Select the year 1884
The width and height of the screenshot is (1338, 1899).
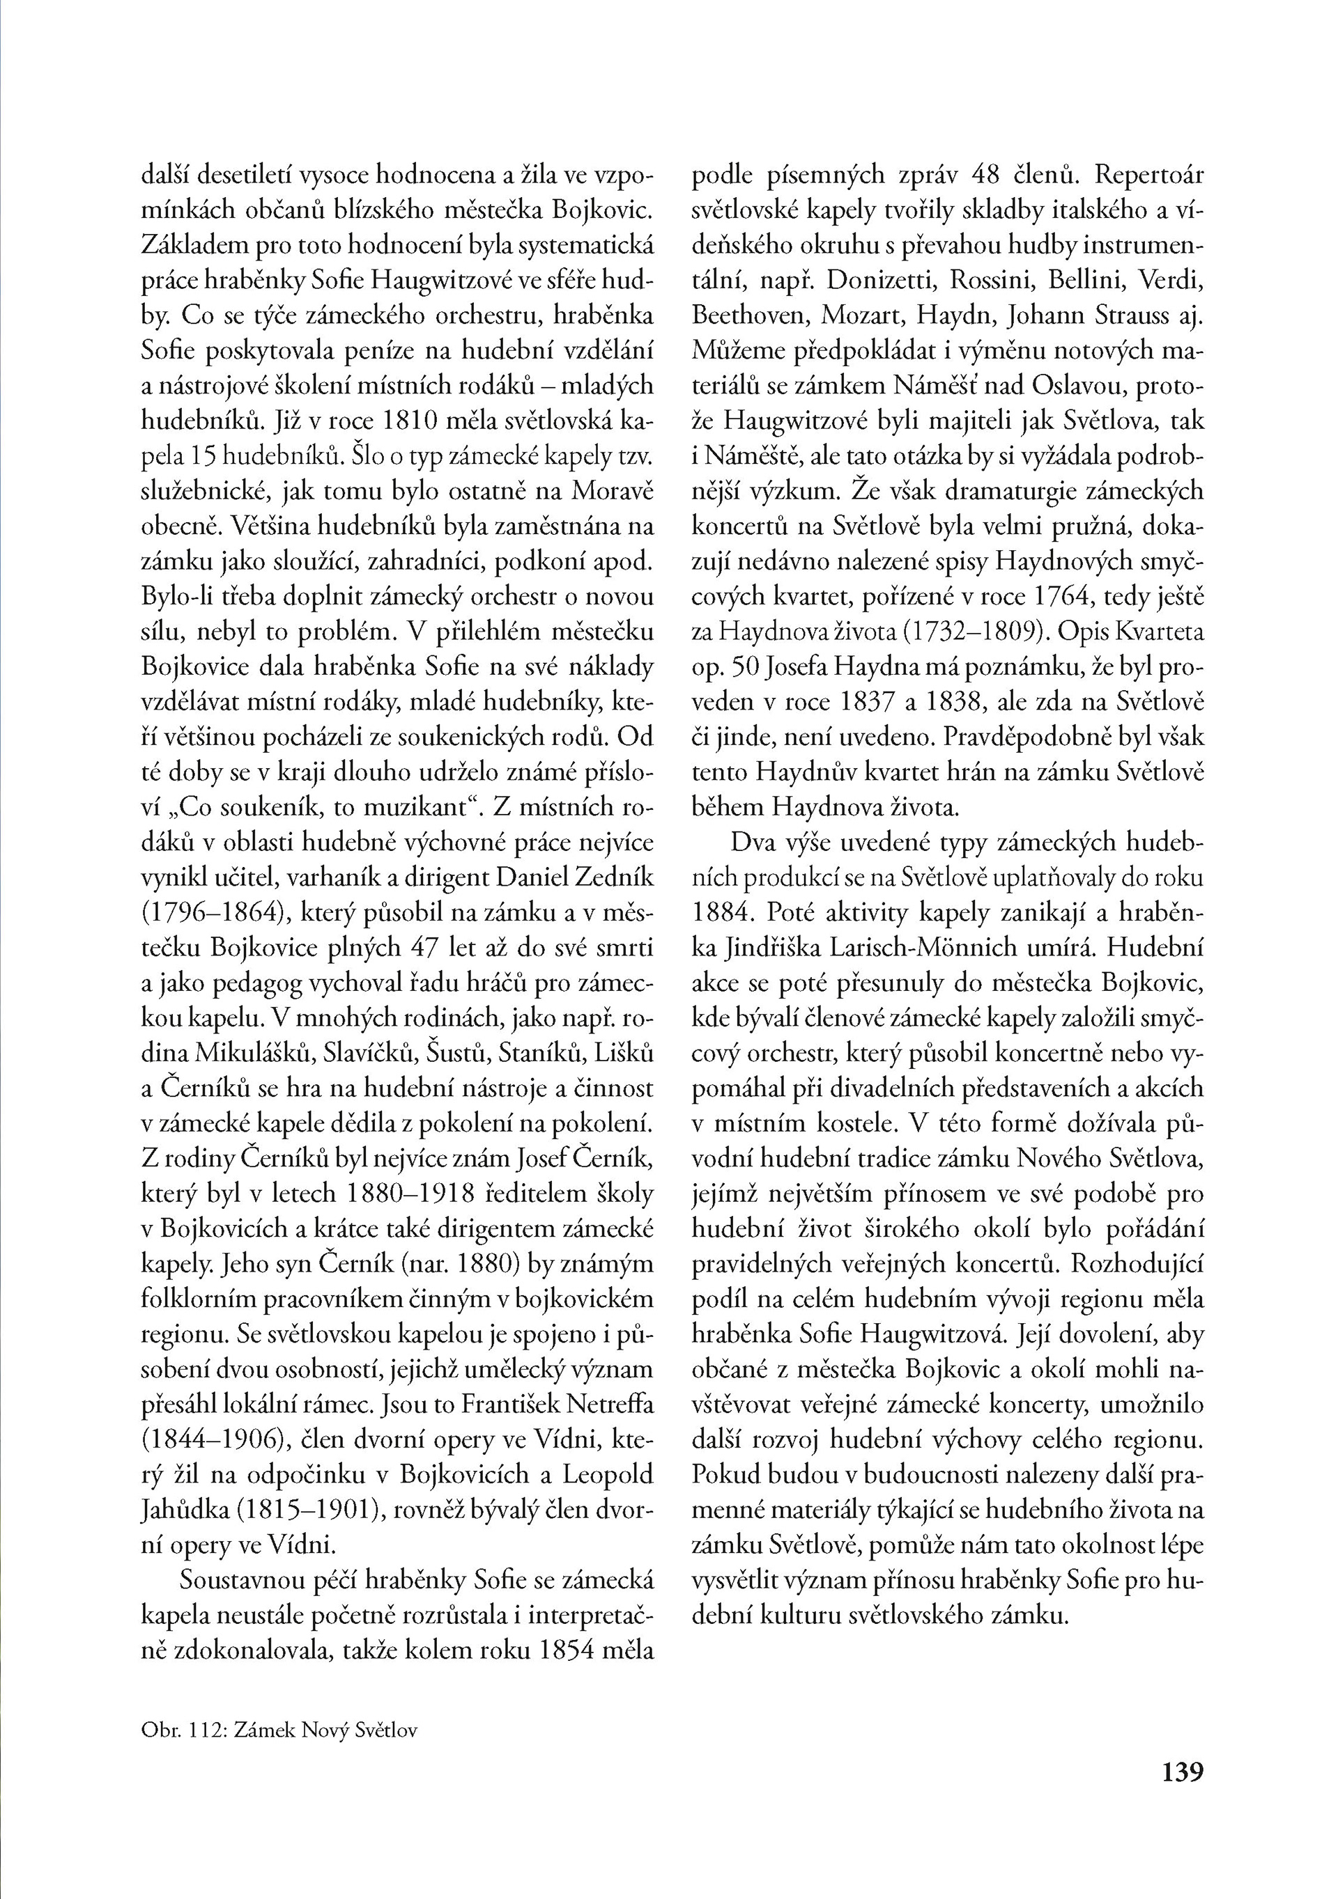(721, 912)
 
